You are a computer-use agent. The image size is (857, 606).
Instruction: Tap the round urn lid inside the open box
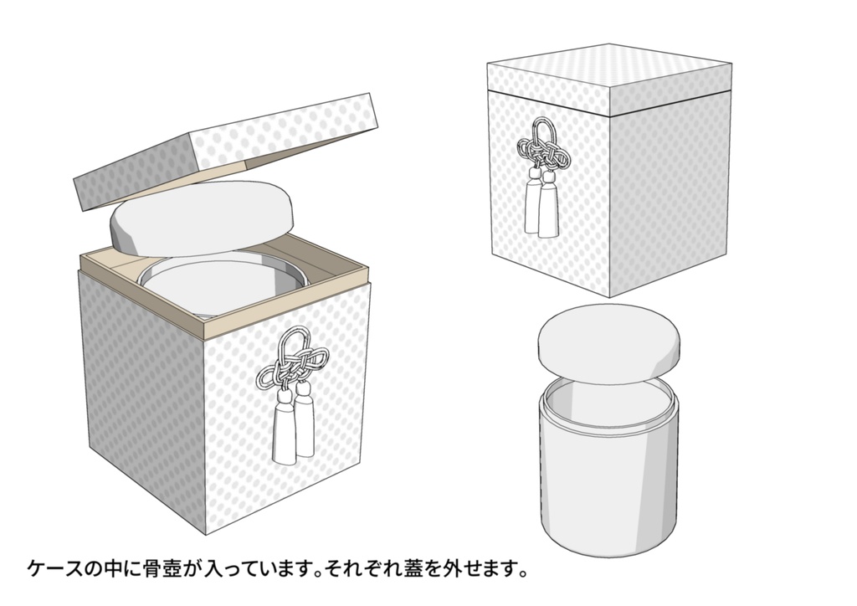click(x=201, y=220)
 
